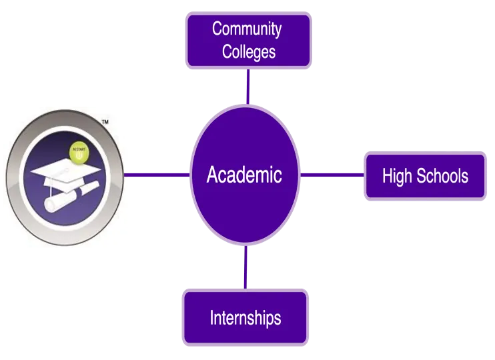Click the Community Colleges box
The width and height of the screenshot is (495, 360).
coord(248,41)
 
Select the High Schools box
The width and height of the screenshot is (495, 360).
coord(424,177)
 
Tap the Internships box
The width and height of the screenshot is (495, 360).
coord(245,317)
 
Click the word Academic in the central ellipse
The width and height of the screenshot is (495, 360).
coord(244,175)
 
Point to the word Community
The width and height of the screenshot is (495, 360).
coord(247,29)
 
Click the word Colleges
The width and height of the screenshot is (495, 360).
coord(249,51)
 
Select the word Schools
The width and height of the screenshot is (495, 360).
coord(442,177)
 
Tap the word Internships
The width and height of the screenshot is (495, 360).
coord(245,317)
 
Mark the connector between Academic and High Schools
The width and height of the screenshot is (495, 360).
coord(332,175)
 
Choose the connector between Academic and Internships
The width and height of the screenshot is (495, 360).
coord(245,267)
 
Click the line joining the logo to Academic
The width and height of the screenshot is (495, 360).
coord(157,175)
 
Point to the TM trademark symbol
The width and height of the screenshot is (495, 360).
coord(105,123)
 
